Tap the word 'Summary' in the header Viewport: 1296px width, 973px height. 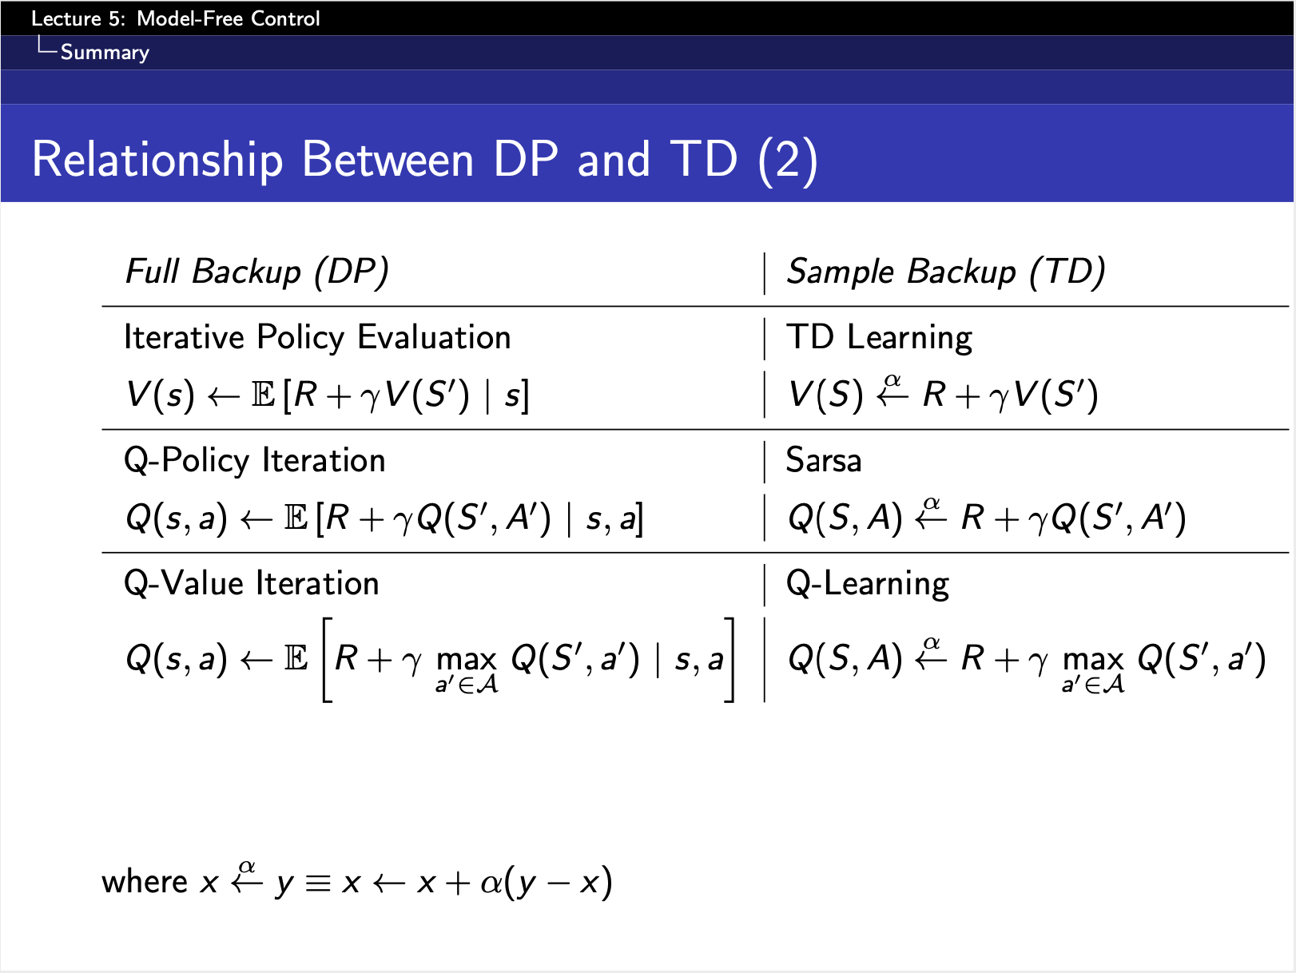[x=105, y=53]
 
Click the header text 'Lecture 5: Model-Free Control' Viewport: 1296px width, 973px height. [x=175, y=19]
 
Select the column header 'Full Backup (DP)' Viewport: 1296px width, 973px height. [x=256, y=272]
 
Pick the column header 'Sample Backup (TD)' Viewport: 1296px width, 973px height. [x=946, y=272]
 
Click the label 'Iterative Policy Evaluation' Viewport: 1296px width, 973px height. [x=317, y=337]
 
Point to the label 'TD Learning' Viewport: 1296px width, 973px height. [x=879, y=338]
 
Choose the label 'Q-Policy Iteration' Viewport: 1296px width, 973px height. [x=254, y=461]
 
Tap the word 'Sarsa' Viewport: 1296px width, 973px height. [x=824, y=460]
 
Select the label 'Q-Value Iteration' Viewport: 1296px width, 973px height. [x=252, y=584]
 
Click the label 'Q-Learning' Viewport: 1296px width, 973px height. [x=868, y=584]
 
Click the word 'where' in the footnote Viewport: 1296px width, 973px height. [x=145, y=882]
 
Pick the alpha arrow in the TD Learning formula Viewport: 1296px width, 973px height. [x=892, y=391]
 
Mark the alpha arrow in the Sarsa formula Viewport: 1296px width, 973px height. [x=931, y=514]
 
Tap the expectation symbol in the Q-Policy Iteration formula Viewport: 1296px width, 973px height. [x=296, y=518]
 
